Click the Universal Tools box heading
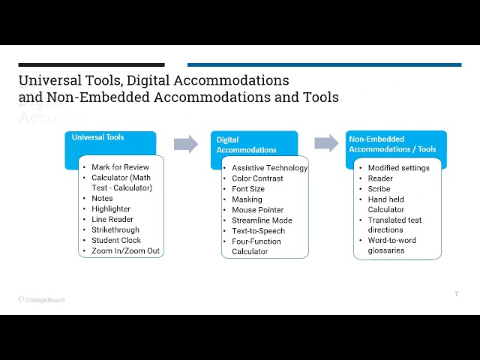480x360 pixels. click(97, 137)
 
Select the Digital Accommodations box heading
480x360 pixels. click(247, 145)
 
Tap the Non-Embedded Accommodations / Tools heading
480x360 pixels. click(392, 144)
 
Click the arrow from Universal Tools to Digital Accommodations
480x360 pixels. click(186, 144)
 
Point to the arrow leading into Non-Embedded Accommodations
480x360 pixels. click(327, 143)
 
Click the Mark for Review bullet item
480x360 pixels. click(120, 167)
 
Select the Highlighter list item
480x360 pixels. click(111, 208)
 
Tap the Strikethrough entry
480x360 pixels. click(115, 229)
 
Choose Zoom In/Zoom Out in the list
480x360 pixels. click(125, 250)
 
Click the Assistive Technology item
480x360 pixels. click(270, 168)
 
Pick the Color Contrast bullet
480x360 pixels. click(257, 178)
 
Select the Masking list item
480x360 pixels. click(247, 199)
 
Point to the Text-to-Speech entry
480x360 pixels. click(258, 231)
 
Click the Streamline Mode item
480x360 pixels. click(262, 220)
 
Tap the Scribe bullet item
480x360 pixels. click(379, 189)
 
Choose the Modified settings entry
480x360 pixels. click(398, 168)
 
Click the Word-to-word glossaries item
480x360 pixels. click(391, 245)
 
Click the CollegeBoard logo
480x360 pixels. click(42, 300)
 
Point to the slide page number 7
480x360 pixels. click(457, 294)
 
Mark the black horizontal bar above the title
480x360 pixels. click(91, 65)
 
